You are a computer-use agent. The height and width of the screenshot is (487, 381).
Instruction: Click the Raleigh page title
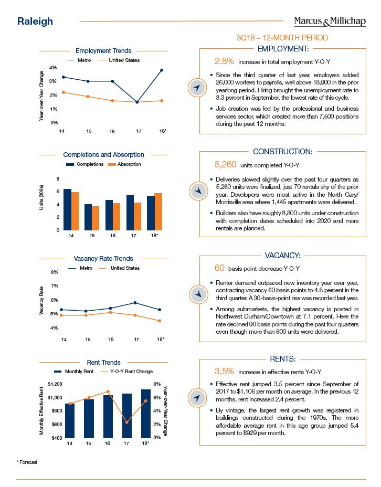click(35, 22)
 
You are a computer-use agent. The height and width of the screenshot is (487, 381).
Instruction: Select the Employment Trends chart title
click(103, 51)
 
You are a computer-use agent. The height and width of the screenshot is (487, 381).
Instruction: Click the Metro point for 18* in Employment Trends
click(162, 70)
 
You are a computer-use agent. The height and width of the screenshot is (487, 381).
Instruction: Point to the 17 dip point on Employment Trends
click(136, 102)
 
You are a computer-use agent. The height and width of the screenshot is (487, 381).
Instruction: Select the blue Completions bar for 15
click(88, 217)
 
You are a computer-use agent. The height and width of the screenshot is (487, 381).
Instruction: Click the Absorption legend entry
click(125, 164)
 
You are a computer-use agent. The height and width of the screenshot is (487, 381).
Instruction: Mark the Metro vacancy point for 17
click(136, 303)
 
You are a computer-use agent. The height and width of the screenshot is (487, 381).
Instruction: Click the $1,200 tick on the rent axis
click(55, 384)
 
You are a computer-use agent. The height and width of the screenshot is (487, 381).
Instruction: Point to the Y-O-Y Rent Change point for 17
click(126, 422)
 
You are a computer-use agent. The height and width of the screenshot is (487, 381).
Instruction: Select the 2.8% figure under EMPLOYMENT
click(225, 62)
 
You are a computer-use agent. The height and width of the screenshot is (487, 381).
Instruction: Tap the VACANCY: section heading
click(282, 256)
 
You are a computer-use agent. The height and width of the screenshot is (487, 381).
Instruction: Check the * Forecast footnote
click(27, 462)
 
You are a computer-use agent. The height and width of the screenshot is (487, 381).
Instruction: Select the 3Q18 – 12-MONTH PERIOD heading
click(282, 38)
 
